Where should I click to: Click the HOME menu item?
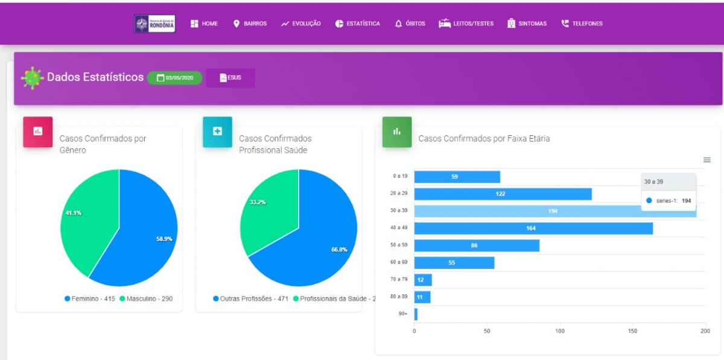[204, 24]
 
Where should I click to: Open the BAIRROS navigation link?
[250, 24]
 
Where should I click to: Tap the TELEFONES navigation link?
[582, 24]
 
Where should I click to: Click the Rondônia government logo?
[154, 24]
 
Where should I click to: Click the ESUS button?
[230, 78]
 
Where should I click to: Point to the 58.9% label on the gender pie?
[164, 239]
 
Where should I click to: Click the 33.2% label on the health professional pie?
[258, 202]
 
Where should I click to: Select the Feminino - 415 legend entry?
[90, 298]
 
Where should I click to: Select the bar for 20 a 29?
[503, 194]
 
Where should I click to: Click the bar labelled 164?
[533, 228]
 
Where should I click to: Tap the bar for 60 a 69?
[454, 262]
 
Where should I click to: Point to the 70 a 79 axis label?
[400, 280]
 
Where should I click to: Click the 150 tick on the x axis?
[632, 331]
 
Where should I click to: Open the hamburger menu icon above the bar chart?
[707, 160]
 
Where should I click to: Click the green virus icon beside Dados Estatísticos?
[32, 78]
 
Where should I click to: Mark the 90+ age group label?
[403, 314]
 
